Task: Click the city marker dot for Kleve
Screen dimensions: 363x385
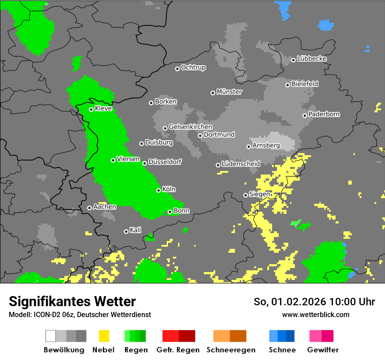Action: click(x=91, y=109)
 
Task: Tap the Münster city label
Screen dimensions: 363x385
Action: click(x=229, y=92)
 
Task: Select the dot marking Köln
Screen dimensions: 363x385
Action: click(x=158, y=190)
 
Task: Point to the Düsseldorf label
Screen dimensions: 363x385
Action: click(x=165, y=162)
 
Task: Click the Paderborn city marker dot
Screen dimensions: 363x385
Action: click(x=304, y=115)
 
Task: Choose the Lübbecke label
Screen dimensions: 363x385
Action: click(x=311, y=59)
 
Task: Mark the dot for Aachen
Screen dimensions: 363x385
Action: click(x=89, y=208)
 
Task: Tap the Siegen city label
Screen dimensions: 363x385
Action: click(x=259, y=194)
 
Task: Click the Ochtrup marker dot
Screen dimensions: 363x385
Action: click(x=177, y=69)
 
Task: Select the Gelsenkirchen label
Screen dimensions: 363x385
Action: click(x=190, y=127)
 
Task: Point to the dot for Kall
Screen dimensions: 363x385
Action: click(x=126, y=231)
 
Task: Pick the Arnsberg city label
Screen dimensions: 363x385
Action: click(x=266, y=145)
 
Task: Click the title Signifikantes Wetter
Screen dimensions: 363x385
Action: click(x=72, y=301)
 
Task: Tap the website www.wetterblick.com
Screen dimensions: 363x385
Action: click(x=315, y=314)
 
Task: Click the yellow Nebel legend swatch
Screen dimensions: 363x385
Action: click(x=104, y=336)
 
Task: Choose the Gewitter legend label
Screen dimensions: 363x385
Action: click(x=322, y=350)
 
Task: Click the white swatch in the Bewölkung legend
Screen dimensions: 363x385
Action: click(x=51, y=336)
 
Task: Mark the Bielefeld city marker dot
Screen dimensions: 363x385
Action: click(x=287, y=85)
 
